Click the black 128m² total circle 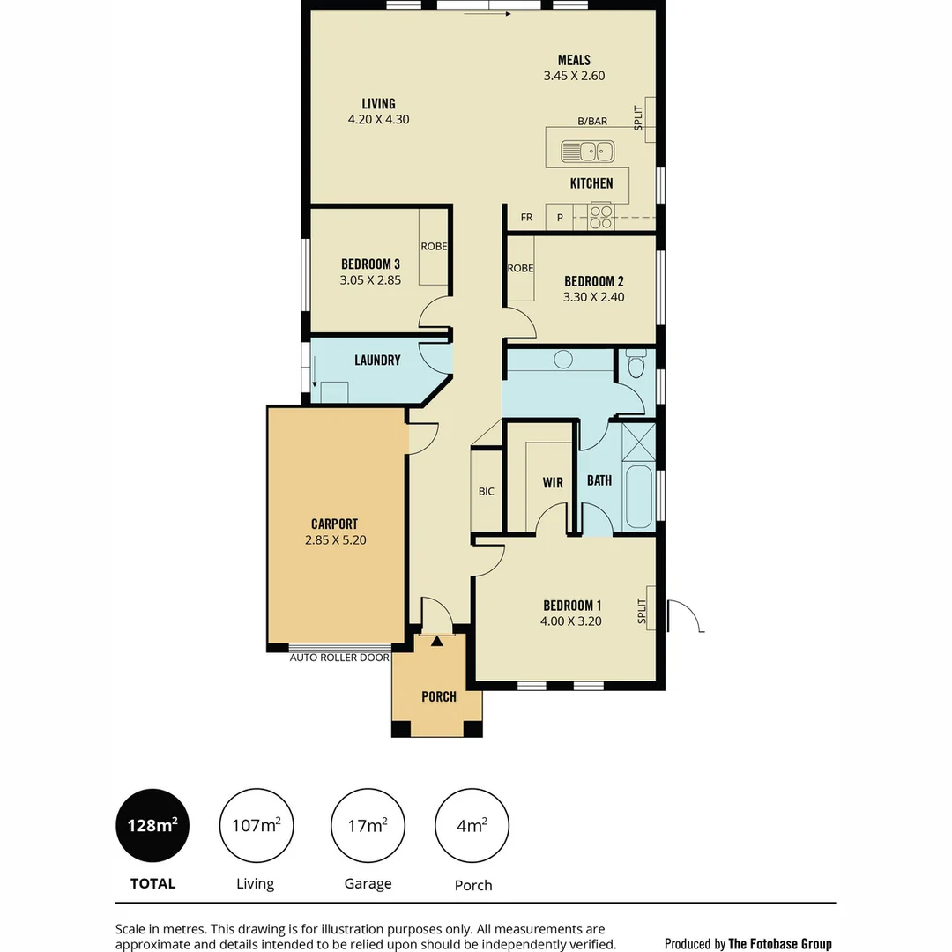coord(152,826)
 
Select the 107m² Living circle coord(257,826)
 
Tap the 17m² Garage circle coord(368,826)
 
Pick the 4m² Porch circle coord(472,826)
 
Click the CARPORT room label coord(334,524)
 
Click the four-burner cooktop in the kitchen coord(600,216)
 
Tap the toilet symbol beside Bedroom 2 coord(636,363)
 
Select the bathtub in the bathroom coord(638,496)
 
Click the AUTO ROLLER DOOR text coord(339,658)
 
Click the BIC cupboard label coord(487,492)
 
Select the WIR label coord(553,483)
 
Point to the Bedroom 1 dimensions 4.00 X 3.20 coord(571,621)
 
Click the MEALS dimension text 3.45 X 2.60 coord(574,77)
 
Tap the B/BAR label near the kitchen coord(592,122)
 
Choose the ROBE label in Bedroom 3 coord(433,247)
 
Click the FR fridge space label coord(526,217)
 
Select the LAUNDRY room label coord(377,361)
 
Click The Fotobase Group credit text coord(779,944)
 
